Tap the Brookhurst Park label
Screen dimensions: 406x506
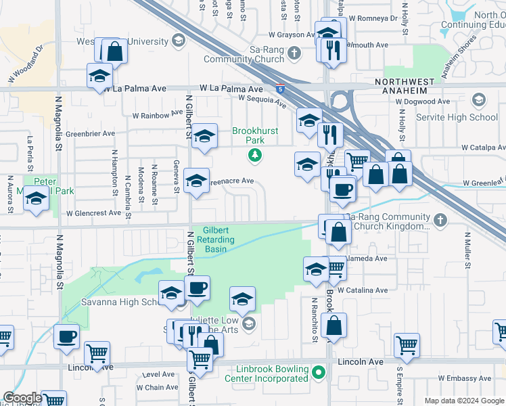(x=248, y=135)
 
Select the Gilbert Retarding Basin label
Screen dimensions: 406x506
(x=216, y=240)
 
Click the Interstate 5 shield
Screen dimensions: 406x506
(x=280, y=89)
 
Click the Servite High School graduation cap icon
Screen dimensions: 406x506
(x=479, y=101)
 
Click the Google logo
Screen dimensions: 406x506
(x=22, y=398)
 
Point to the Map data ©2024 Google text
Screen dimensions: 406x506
(x=463, y=401)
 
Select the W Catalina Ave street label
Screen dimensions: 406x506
(x=363, y=290)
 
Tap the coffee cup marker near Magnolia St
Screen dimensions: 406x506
(x=67, y=336)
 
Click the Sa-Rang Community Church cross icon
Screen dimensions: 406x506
(x=294, y=53)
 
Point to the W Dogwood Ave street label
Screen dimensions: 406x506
(x=423, y=101)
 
